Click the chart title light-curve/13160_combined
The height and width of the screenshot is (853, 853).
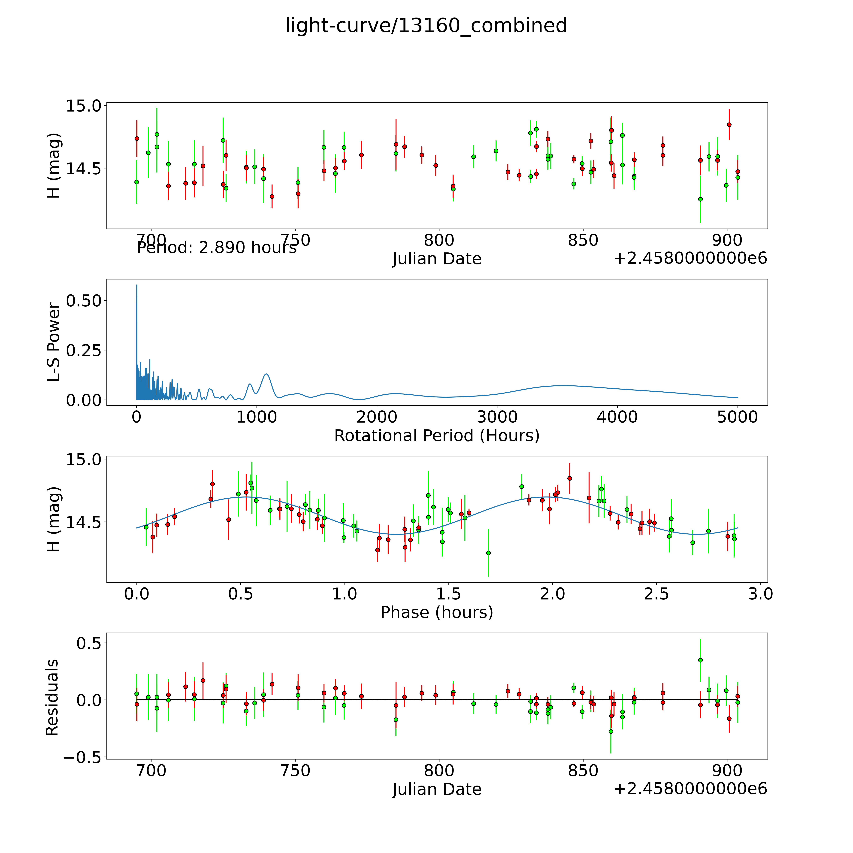coord(426,26)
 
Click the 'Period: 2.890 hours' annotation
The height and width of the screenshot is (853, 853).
coord(216,248)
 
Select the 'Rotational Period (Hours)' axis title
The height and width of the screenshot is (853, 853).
coord(437,436)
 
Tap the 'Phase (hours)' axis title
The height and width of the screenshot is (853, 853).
coord(437,612)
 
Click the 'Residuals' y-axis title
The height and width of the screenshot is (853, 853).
coord(52,698)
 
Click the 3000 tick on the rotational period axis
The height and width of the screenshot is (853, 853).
coord(497,417)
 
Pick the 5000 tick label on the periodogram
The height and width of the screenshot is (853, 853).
coord(737,417)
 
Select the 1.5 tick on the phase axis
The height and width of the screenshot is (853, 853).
coord(449,594)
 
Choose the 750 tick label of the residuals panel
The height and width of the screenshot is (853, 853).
coord(295,771)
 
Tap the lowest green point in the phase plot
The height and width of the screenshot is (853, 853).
coord(488,553)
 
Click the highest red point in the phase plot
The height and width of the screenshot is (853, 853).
coord(570,478)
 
